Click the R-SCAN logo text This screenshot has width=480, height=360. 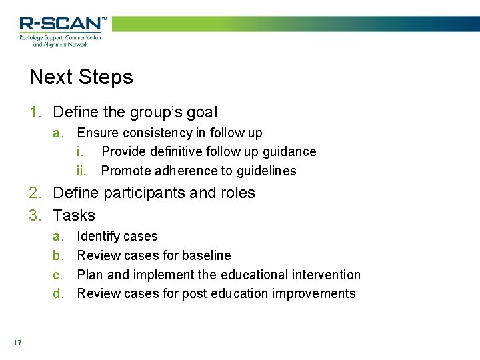(62, 24)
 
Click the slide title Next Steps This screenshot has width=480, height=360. (81, 77)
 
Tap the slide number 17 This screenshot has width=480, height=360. (17, 343)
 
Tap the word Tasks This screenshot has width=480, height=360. (74, 215)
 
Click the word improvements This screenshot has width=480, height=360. (313, 294)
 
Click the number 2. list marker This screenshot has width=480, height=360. (36, 193)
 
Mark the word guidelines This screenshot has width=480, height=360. (263, 171)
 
